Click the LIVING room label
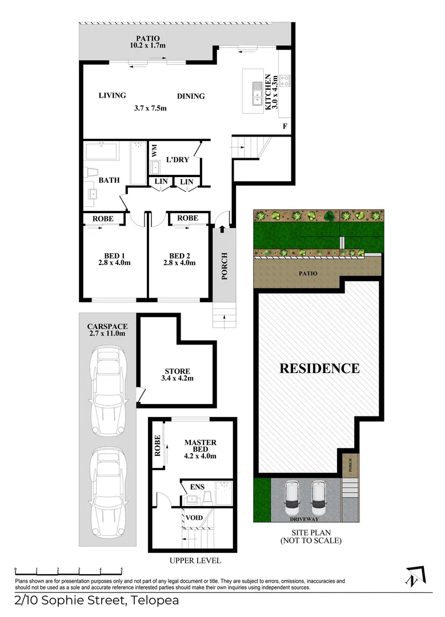tap(112, 95)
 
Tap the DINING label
tap(191, 96)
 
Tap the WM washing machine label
tap(154, 151)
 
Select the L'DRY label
tap(177, 160)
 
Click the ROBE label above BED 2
tap(187, 218)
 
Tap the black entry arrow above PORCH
tap(222, 230)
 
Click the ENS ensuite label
tap(196, 487)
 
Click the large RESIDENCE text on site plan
tap(319, 368)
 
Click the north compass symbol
tap(415, 577)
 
